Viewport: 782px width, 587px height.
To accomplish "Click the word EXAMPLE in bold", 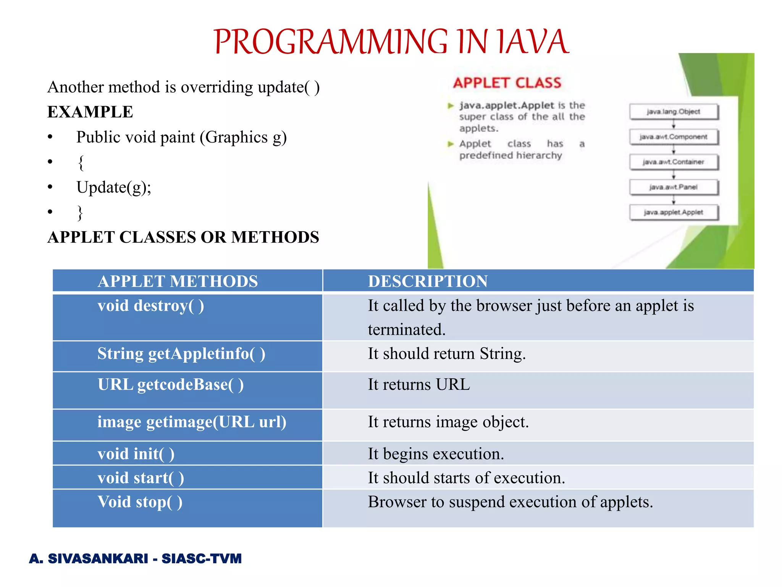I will [x=90, y=112].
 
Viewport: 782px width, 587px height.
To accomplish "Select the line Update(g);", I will [x=114, y=187].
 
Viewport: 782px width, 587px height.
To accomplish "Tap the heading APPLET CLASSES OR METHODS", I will [x=183, y=237].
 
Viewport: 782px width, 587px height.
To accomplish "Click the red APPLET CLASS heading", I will [x=507, y=83].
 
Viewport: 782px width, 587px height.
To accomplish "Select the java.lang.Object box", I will [x=674, y=112].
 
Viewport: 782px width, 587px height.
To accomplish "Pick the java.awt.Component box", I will [x=674, y=137].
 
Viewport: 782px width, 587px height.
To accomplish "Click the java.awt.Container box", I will [x=674, y=162].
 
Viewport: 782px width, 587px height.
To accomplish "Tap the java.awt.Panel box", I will [x=674, y=187].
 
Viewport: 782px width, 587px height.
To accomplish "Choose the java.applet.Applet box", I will [x=674, y=212].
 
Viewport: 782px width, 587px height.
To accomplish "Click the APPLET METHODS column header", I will [x=178, y=281].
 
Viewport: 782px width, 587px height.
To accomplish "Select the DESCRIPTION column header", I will [x=428, y=281].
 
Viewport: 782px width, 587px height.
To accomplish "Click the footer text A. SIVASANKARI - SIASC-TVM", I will [x=135, y=558].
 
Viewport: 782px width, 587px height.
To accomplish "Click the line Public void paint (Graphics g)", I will [x=181, y=137].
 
